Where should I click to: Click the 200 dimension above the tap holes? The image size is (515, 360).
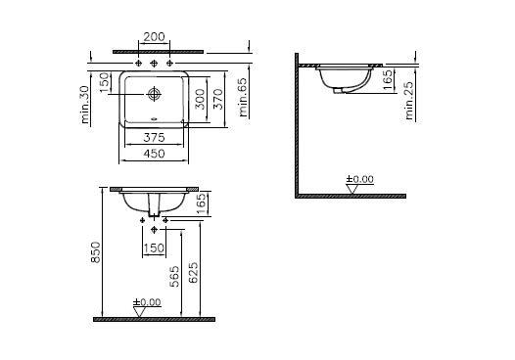(x=154, y=37)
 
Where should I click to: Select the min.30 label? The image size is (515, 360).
(x=85, y=105)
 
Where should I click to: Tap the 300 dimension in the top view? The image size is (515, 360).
(x=200, y=99)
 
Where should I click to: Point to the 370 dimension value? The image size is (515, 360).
(x=217, y=99)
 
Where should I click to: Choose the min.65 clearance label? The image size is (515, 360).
(x=244, y=97)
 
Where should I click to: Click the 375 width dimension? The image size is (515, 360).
(x=154, y=138)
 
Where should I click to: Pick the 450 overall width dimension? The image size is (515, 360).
(x=154, y=154)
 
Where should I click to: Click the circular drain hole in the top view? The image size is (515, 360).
(x=154, y=94)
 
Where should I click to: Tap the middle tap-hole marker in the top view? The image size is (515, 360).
(x=154, y=63)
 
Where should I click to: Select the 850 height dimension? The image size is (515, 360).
(x=95, y=252)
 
